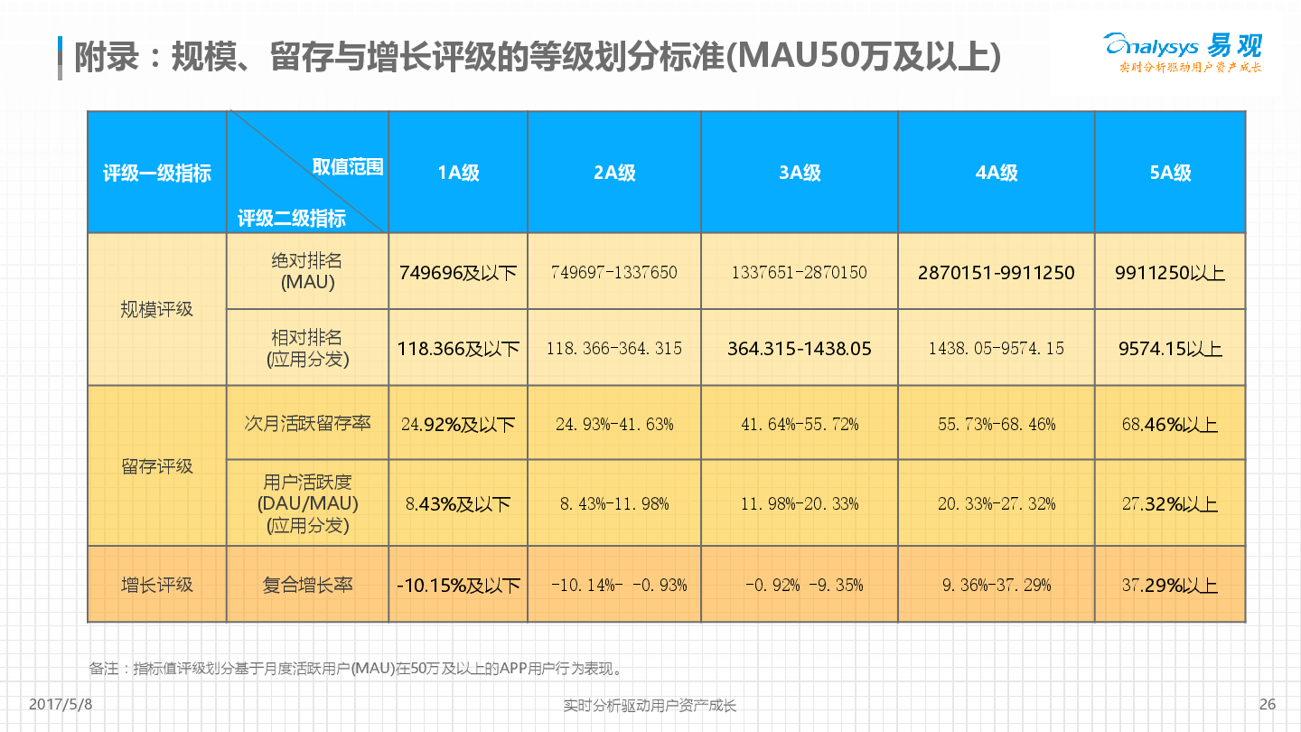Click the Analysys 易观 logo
point(1183,52)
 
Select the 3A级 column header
point(800,173)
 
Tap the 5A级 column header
point(1170,173)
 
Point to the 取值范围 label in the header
point(348,166)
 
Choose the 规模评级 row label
point(156,309)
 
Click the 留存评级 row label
point(156,466)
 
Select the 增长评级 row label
point(156,585)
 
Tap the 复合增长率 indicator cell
point(307,585)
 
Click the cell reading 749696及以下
point(458,272)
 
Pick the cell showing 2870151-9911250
point(996,272)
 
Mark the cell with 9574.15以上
point(1170,348)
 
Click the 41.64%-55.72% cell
point(800,424)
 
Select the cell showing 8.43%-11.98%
point(614,503)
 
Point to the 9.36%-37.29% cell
point(996,585)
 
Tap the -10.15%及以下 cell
point(458,585)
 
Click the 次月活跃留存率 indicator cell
point(307,423)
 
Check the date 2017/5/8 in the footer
point(61,704)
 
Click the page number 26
point(1267,704)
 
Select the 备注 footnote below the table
point(358,669)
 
